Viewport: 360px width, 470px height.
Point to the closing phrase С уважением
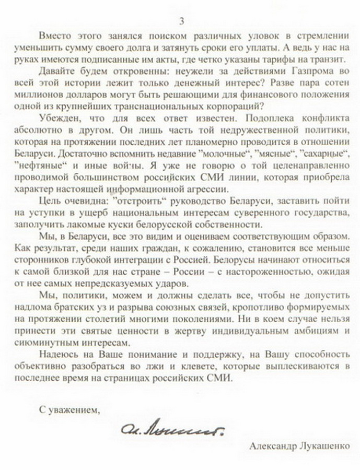coord(71,409)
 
